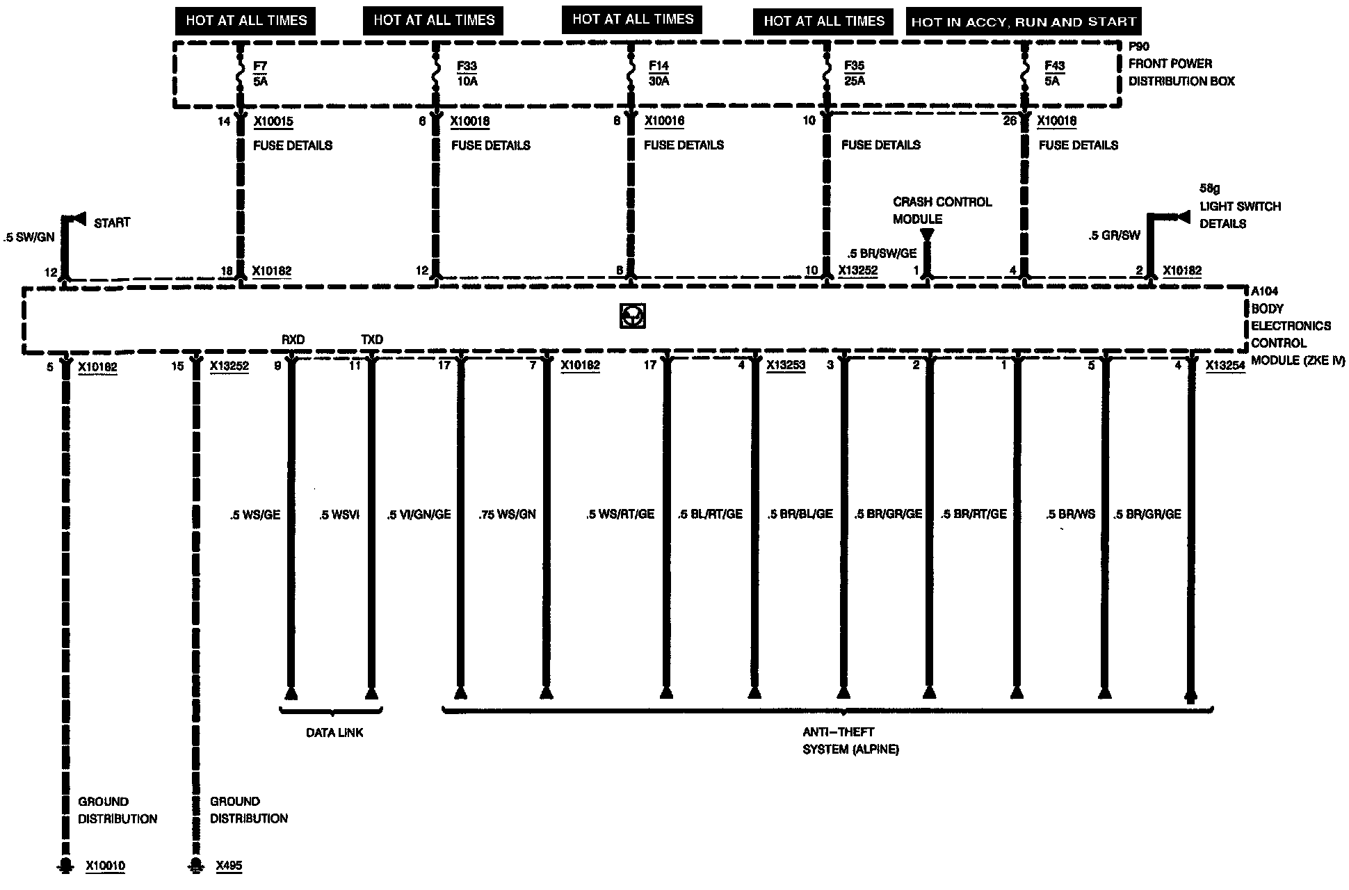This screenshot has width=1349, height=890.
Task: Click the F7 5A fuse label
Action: (x=260, y=74)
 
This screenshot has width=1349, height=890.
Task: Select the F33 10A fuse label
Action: (x=467, y=74)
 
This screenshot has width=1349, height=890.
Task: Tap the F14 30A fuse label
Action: (x=659, y=74)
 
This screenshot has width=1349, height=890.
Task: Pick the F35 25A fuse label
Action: (x=854, y=74)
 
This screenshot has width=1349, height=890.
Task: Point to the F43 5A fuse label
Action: (x=1053, y=74)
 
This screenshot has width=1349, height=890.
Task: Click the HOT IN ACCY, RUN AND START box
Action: (x=1024, y=22)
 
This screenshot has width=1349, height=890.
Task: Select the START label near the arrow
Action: (x=111, y=223)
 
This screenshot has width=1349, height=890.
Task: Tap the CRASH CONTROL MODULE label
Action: (x=942, y=210)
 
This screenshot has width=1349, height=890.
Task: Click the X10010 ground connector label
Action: (x=106, y=866)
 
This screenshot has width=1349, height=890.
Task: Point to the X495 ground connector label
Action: (x=229, y=866)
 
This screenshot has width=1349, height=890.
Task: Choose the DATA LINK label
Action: (x=334, y=733)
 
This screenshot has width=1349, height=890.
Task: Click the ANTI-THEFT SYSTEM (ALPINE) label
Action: (x=850, y=741)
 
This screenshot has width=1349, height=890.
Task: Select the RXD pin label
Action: (x=293, y=339)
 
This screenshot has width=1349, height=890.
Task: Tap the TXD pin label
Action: (x=372, y=339)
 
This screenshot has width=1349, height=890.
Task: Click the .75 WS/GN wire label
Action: (x=507, y=515)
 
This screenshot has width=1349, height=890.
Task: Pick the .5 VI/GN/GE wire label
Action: (x=419, y=515)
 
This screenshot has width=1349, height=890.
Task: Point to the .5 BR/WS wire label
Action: (x=1070, y=515)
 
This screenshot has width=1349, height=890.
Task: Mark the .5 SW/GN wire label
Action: (x=29, y=238)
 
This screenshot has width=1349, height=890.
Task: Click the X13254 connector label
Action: (x=1225, y=366)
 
